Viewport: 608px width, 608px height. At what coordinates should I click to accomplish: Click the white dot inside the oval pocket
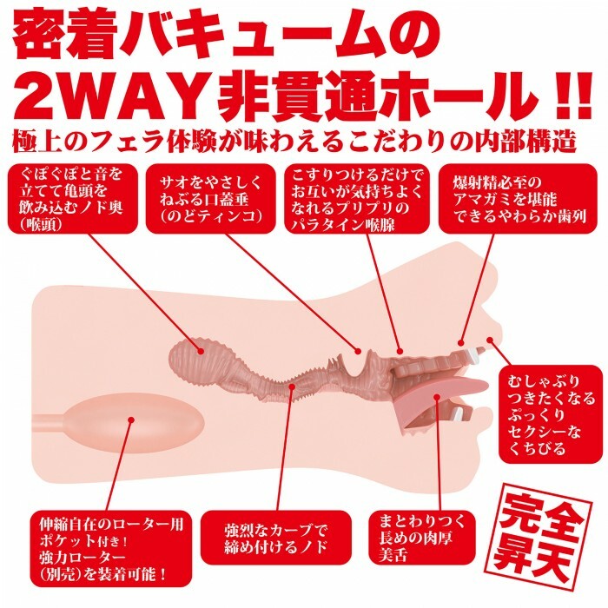130,423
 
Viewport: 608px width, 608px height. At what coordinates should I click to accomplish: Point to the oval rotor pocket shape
113,426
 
